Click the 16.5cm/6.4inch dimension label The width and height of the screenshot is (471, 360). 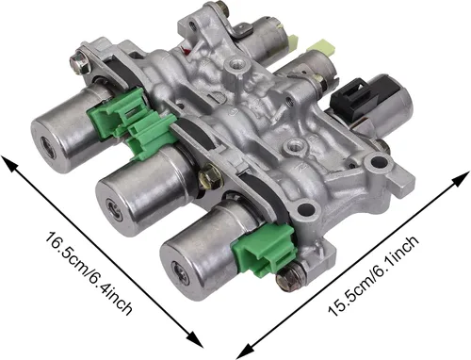click(89, 273)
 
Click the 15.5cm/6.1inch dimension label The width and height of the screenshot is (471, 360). click(373, 275)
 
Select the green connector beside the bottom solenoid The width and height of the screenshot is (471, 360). click(265, 248)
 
